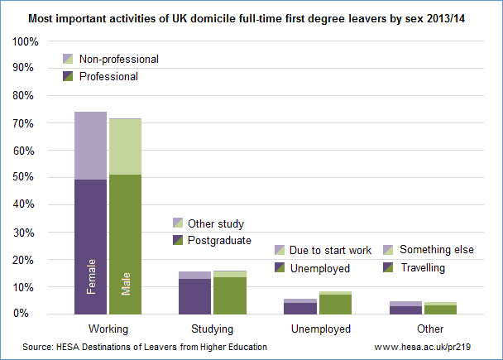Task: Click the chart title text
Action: pyautogui.click(x=251, y=18)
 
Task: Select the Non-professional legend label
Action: pyautogui.click(x=118, y=60)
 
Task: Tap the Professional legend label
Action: pyautogui.click(x=108, y=76)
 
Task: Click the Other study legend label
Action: pyautogui.click(x=216, y=223)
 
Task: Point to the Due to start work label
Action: pyautogui.click(x=330, y=250)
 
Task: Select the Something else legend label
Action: pyautogui.click(x=436, y=250)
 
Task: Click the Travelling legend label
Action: pyautogui.click(x=422, y=268)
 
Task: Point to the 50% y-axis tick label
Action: pyautogui.click(x=26, y=177)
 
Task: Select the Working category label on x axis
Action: pyautogui.click(x=107, y=329)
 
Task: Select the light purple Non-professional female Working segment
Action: pyautogui.click(x=91, y=146)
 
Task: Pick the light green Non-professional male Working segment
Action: pyautogui.click(x=126, y=146)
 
